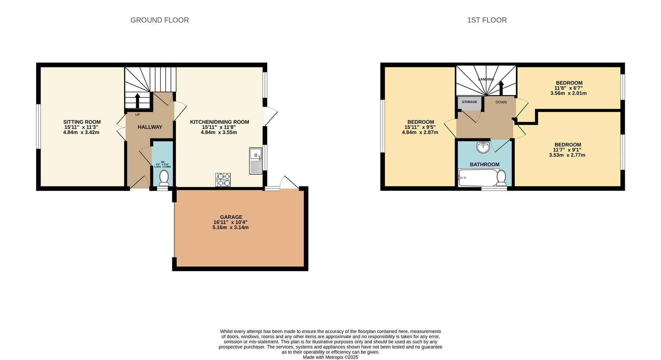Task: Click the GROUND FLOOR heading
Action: (x=159, y=20)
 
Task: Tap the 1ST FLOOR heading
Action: (x=487, y=20)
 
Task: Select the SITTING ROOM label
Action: (x=82, y=122)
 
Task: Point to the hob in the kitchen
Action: (x=223, y=180)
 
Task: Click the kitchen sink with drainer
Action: (x=255, y=161)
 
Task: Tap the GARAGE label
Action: (x=231, y=217)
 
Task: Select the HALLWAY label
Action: (x=150, y=127)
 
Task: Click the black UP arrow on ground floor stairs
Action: (x=137, y=101)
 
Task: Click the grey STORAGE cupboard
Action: (x=470, y=103)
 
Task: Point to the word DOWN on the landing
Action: (x=501, y=102)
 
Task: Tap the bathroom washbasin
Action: (x=483, y=147)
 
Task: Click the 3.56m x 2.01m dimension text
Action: (x=568, y=93)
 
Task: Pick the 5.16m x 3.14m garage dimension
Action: (x=230, y=227)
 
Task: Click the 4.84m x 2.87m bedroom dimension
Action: (x=420, y=132)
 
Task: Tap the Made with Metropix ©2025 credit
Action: (x=330, y=357)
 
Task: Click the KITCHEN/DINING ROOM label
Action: (x=219, y=122)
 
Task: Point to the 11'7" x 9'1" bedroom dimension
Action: (x=567, y=150)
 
